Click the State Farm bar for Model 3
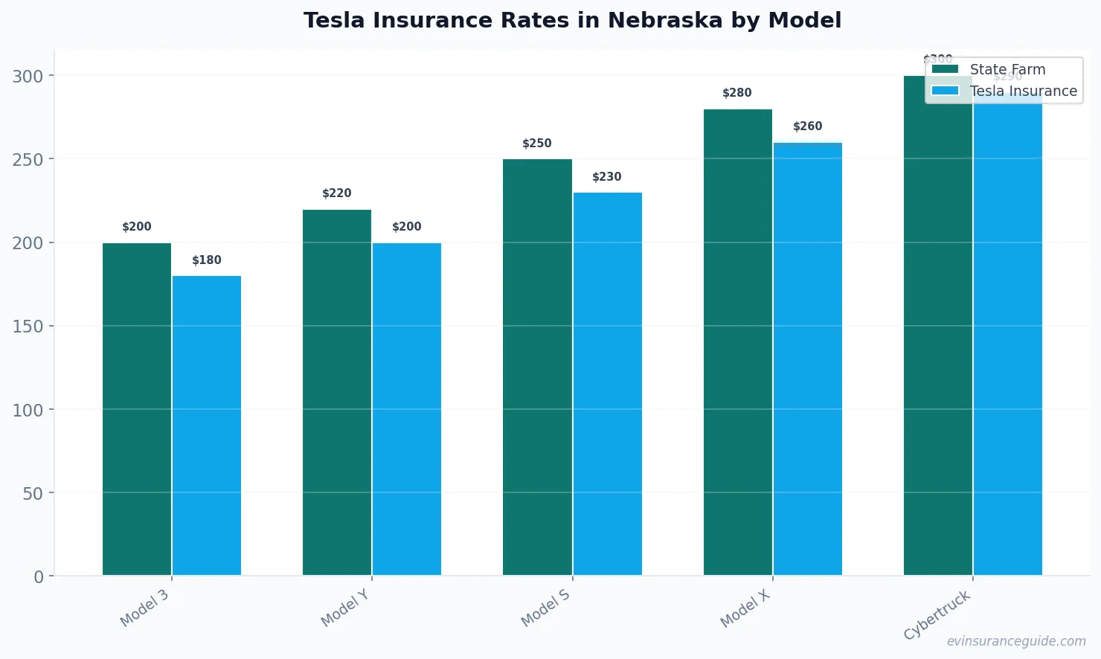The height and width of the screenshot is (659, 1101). coord(137,409)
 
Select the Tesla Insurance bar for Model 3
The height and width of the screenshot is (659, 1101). coord(207,425)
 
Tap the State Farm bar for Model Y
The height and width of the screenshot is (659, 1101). coord(337,393)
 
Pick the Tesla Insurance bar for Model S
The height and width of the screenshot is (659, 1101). coord(607,384)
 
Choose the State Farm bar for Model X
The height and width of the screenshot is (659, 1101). coord(737,342)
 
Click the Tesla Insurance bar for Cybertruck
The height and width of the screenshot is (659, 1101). coord(1007,335)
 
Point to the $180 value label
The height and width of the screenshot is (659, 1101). coord(207,260)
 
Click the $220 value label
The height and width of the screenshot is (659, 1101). coord(337,193)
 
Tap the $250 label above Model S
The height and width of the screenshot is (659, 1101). coord(537,144)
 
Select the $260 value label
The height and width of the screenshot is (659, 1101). coord(807,126)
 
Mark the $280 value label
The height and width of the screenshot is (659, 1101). coord(737,93)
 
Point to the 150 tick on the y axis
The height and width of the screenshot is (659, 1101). coord(28,327)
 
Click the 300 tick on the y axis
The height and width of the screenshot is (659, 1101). coord(28,76)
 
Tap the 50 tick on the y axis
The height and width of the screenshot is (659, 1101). coord(33,493)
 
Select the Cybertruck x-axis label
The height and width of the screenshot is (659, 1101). coord(937,614)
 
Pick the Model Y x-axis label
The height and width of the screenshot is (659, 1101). coord(345,608)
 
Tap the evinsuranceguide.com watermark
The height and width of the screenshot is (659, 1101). coord(1016,641)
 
